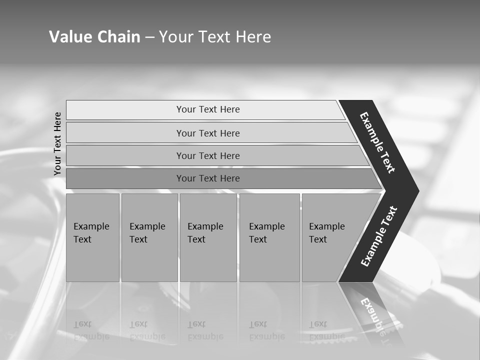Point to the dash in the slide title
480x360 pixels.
[150, 37]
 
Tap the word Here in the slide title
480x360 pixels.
[253, 36]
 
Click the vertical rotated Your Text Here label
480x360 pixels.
[57, 143]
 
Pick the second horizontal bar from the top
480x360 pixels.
[208, 133]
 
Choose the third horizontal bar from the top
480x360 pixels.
[208, 155]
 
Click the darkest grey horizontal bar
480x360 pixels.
[208, 178]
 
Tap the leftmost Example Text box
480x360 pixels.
[92, 237]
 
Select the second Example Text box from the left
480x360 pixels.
[149, 237]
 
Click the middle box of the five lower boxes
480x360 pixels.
[208, 237]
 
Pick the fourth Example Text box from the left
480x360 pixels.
[269, 237]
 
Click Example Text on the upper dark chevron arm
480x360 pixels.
[377, 142]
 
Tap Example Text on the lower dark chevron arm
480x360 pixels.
[379, 236]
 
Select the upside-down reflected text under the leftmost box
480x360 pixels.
[91, 330]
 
